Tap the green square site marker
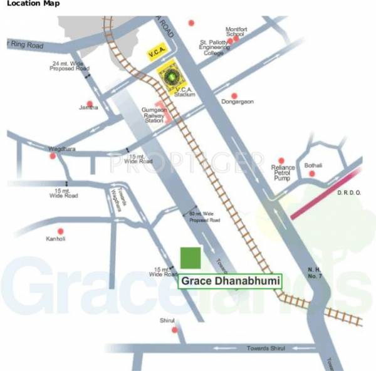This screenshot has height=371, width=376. point(191,258)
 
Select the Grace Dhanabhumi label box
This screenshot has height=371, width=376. point(230,281)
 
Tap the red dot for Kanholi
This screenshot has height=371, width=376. point(60,231)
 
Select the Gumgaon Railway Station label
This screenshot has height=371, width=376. point(154,115)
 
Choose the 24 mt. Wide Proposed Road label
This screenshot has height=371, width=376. point(70,66)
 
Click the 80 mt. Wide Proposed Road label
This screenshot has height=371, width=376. point(205,217)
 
